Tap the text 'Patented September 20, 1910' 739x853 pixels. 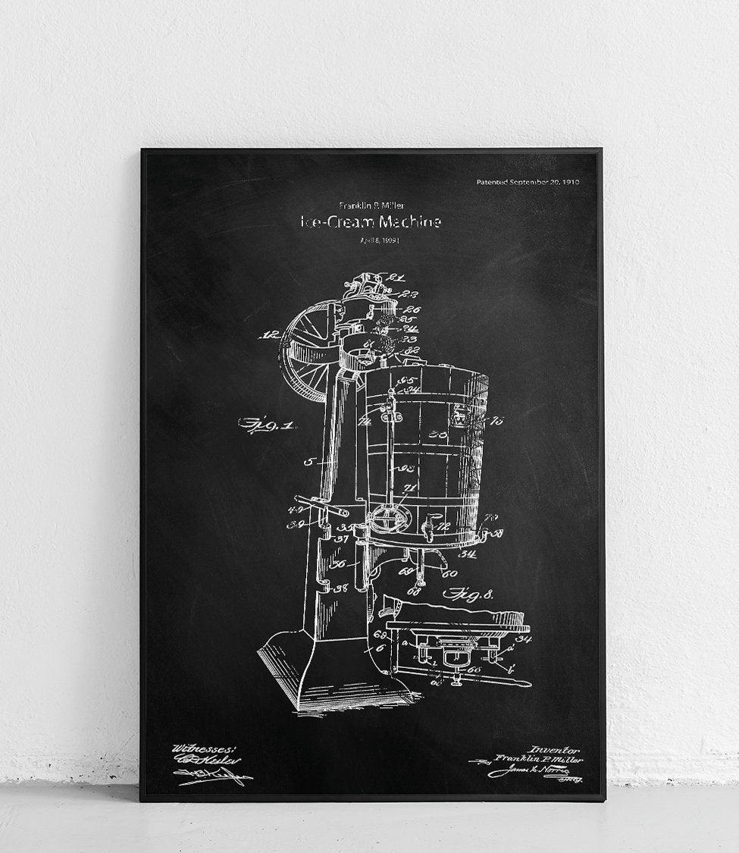click(x=528, y=182)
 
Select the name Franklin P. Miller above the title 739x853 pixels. click(x=371, y=205)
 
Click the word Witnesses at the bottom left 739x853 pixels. click(x=195, y=748)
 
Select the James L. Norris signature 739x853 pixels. click(x=523, y=772)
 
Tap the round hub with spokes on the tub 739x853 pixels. click(x=389, y=523)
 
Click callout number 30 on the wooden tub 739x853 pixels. click(x=437, y=436)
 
